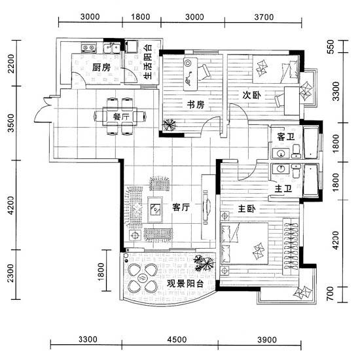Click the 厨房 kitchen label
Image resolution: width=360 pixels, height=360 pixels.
[101, 67]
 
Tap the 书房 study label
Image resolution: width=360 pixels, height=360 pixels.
[196, 105]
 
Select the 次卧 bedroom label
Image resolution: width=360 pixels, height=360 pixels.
[251, 95]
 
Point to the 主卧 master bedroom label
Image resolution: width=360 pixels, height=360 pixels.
[247, 208]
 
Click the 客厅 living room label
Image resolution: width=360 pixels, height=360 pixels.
[181, 207]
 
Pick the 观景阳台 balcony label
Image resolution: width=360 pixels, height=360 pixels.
[185, 284]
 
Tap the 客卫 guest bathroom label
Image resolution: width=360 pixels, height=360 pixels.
[285, 137]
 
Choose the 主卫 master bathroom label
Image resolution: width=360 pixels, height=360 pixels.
[283, 189]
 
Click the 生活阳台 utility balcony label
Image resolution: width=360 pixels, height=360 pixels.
[148, 62]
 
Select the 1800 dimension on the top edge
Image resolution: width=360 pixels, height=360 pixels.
[140, 17]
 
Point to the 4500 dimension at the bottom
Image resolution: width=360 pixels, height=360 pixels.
[177, 339]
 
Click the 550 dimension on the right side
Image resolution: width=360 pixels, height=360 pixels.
[331, 46]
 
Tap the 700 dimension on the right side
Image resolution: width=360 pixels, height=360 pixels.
[330, 293]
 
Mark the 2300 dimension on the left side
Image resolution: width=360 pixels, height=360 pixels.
[10, 273]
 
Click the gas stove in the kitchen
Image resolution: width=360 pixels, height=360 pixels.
[88, 48]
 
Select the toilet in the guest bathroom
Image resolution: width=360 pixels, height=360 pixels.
[297, 151]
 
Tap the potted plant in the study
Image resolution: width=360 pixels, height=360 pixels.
[170, 125]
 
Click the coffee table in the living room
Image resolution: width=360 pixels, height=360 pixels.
[155, 209]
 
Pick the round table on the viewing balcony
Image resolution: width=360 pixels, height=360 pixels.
[142, 279]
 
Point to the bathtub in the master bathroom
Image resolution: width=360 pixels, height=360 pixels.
[311, 181]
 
